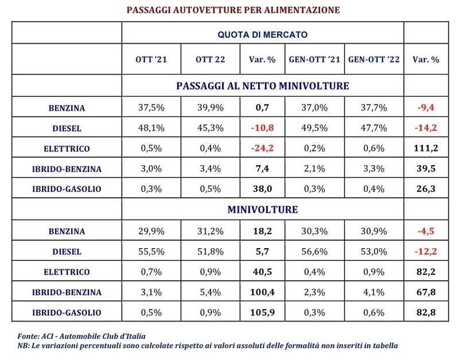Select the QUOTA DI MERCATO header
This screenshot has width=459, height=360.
(262, 34)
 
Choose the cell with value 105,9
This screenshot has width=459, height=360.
(262, 312)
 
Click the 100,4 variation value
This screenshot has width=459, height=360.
(262, 292)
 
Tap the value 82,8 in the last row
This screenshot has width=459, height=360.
(426, 312)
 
